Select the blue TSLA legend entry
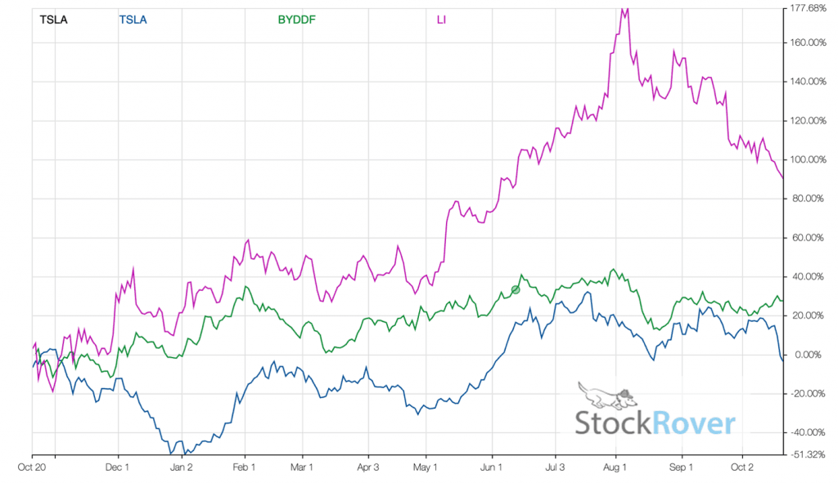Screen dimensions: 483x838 point(133,19)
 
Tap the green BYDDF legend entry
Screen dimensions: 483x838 point(296,19)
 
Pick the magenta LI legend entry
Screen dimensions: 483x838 point(441,19)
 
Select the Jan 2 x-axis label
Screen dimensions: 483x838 point(182,468)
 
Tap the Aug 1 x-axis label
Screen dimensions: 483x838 point(615,468)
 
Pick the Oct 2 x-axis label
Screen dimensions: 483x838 point(741,468)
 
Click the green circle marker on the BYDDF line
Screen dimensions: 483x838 point(516,289)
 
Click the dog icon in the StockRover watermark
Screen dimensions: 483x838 point(604,396)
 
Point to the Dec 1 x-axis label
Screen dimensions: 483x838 point(118,468)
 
